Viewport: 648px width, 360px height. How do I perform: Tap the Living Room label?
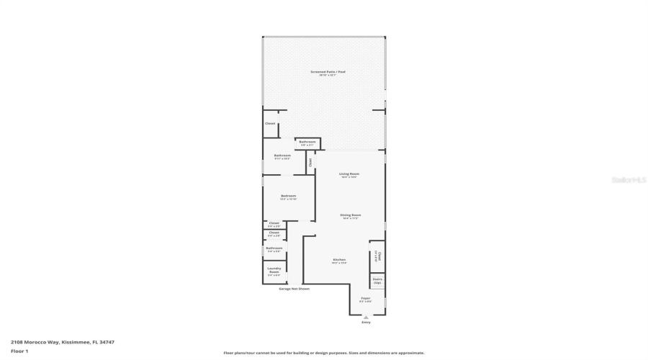pyautogui.click(x=349, y=174)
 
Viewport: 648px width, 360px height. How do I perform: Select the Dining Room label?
pyautogui.click(x=351, y=215)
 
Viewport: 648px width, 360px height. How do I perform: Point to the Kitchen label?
pyautogui.click(x=339, y=259)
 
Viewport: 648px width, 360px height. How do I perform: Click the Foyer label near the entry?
pyautogui.click(x=366, y=298)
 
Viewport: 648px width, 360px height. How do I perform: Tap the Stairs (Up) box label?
pyautogui.click(x=377, y=281)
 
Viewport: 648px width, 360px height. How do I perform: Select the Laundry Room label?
pyautogui.click(x=274, y=271)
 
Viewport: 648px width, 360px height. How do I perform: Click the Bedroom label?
pyautogui.click(x=288, y=196)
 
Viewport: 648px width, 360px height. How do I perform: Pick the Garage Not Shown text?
pyautogui.click(x=294, y=289)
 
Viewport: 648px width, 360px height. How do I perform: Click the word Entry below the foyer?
pyautogui.click(x=366, y=322)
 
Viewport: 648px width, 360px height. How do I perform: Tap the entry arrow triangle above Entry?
pyautogui.click(x=366, y=317)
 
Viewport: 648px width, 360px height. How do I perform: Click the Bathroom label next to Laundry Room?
pyautogui.click(x=274, y=248)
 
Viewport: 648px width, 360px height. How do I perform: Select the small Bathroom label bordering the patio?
pyautogui.click(x=307, y=142)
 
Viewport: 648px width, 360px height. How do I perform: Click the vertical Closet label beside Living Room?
pyautogui.click(x=310, y=162)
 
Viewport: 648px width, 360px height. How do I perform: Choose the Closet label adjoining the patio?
pyautogui.click(x=270, y=123)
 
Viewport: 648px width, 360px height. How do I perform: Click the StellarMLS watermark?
pyautogui.click(x=629, y=180)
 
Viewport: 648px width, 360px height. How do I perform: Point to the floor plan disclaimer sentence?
pyautogui.click(x=324, y=353)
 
